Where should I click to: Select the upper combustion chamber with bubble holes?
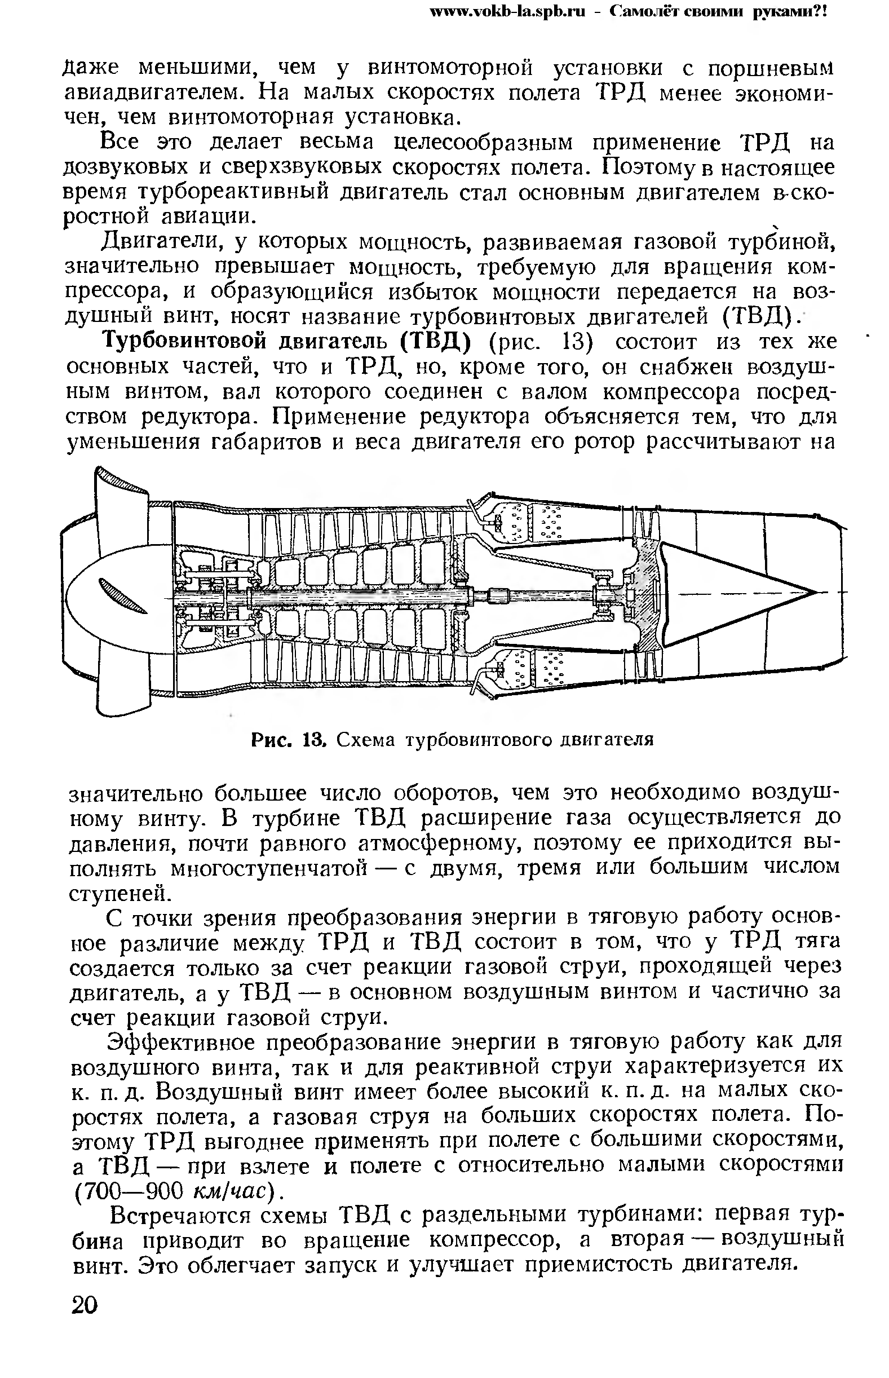pos(525,523)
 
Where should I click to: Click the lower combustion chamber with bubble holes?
pos(525,667)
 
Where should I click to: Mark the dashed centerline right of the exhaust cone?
pos(831,593)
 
